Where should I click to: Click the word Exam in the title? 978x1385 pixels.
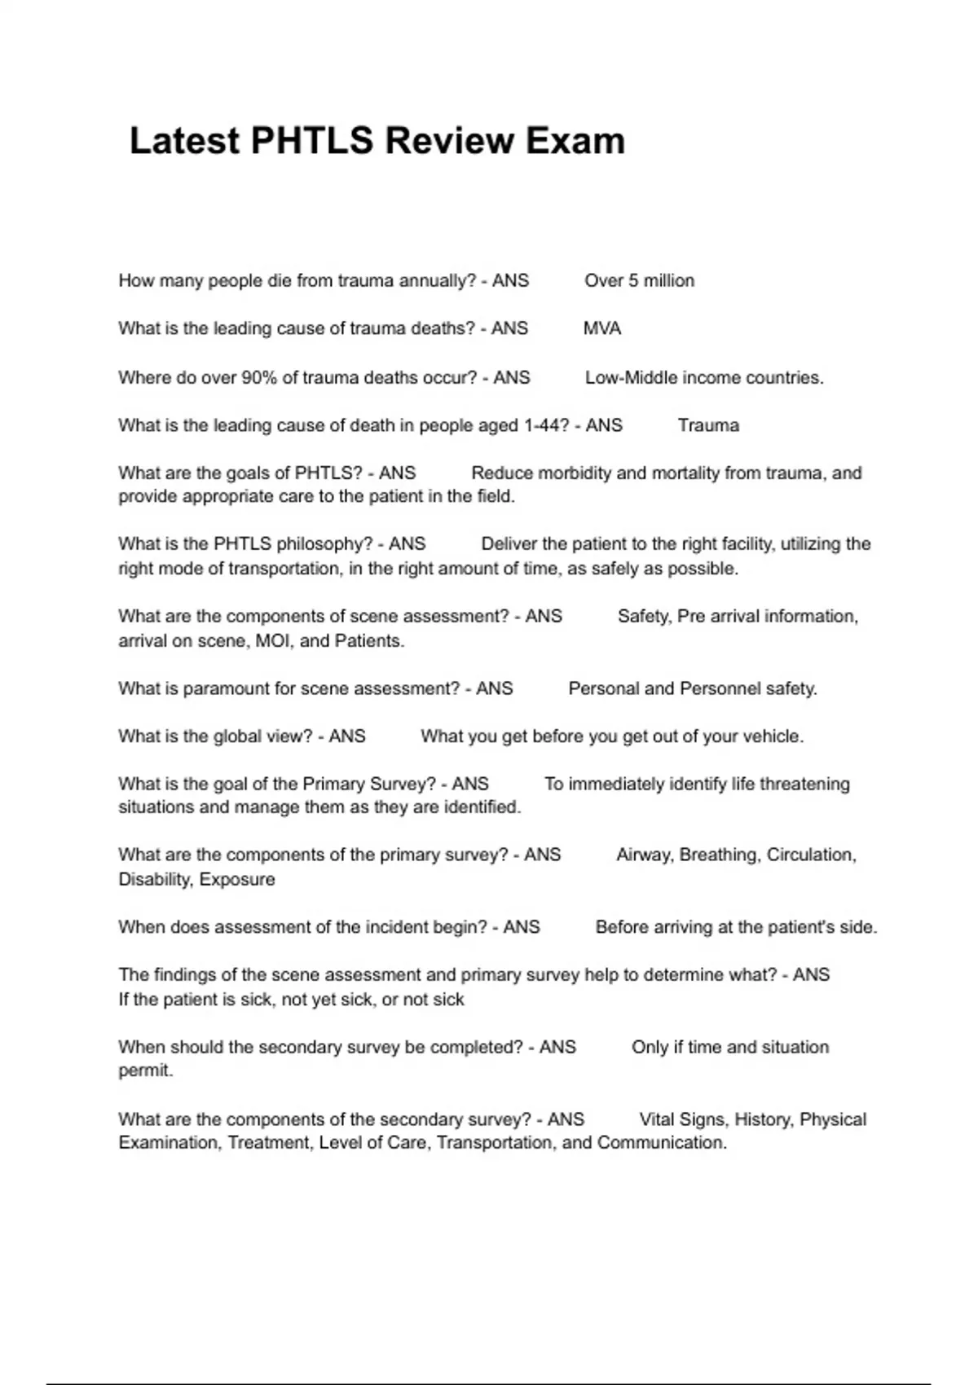575,141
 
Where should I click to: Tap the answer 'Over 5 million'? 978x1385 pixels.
639,281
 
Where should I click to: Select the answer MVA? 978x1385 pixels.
602,329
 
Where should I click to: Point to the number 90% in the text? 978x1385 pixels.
259,378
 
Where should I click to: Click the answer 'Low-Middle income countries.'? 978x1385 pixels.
704,378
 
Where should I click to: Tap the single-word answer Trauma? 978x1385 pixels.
708,425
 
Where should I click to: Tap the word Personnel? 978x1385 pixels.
720,689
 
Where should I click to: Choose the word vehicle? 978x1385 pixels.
772,737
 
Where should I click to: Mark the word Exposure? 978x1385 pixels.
237,880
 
